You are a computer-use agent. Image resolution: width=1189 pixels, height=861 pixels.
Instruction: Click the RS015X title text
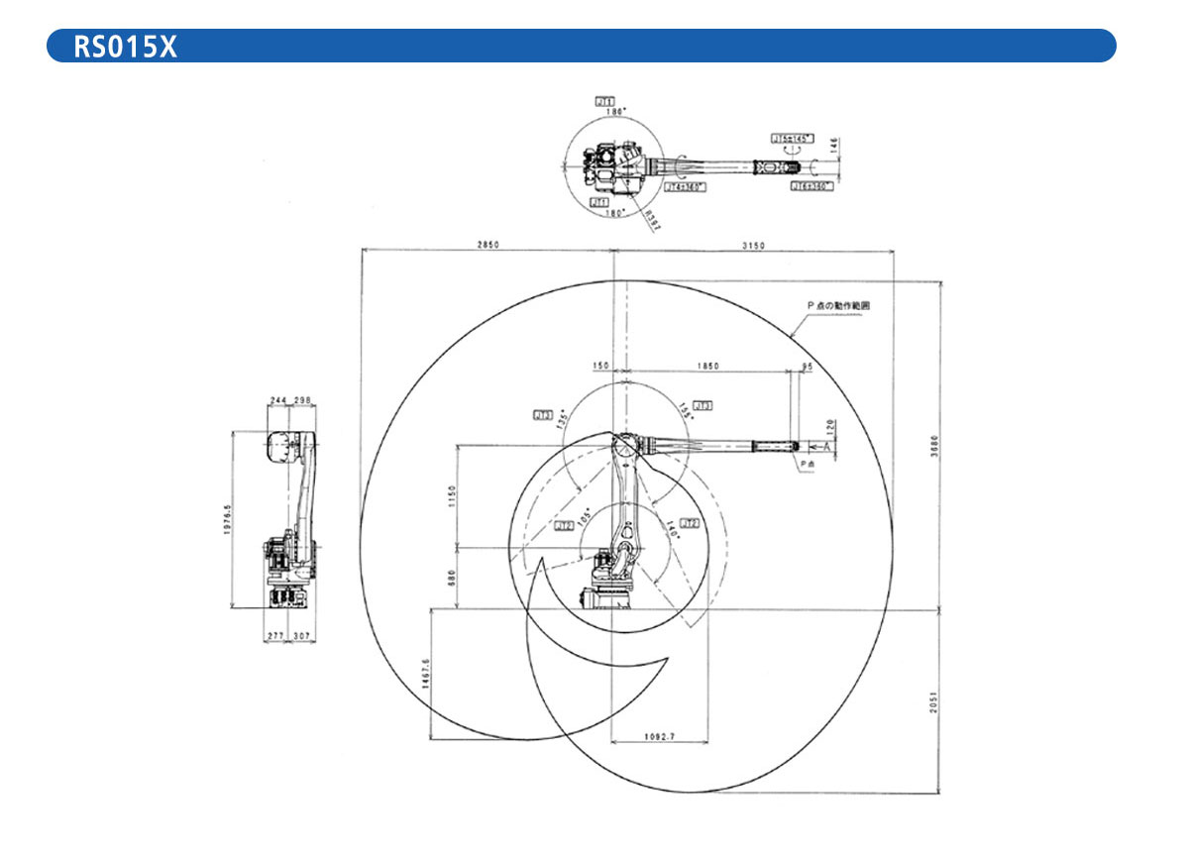[x=125, y=47]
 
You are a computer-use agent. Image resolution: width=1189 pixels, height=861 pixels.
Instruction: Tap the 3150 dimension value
[x=755, y=244]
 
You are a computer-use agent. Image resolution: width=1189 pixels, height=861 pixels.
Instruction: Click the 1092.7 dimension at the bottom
[x=659, y=735]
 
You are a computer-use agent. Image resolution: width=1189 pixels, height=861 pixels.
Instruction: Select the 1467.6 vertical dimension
[x=425, y=674]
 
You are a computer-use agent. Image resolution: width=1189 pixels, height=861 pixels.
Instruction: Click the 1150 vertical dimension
[x=450, y=495]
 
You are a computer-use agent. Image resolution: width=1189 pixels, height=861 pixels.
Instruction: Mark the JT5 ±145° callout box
[x=792, y=139]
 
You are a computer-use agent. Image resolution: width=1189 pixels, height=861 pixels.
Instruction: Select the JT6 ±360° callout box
[x=811, y=184]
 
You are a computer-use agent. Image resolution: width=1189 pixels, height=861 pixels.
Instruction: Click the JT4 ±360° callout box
[x=684, y=186]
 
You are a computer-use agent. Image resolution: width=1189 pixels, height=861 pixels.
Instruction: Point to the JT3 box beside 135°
[x=543, y=414]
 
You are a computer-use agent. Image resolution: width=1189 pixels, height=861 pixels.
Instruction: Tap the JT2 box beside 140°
[x=691, y=522]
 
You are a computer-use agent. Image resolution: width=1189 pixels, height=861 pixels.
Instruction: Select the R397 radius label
[x=651, y=219]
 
